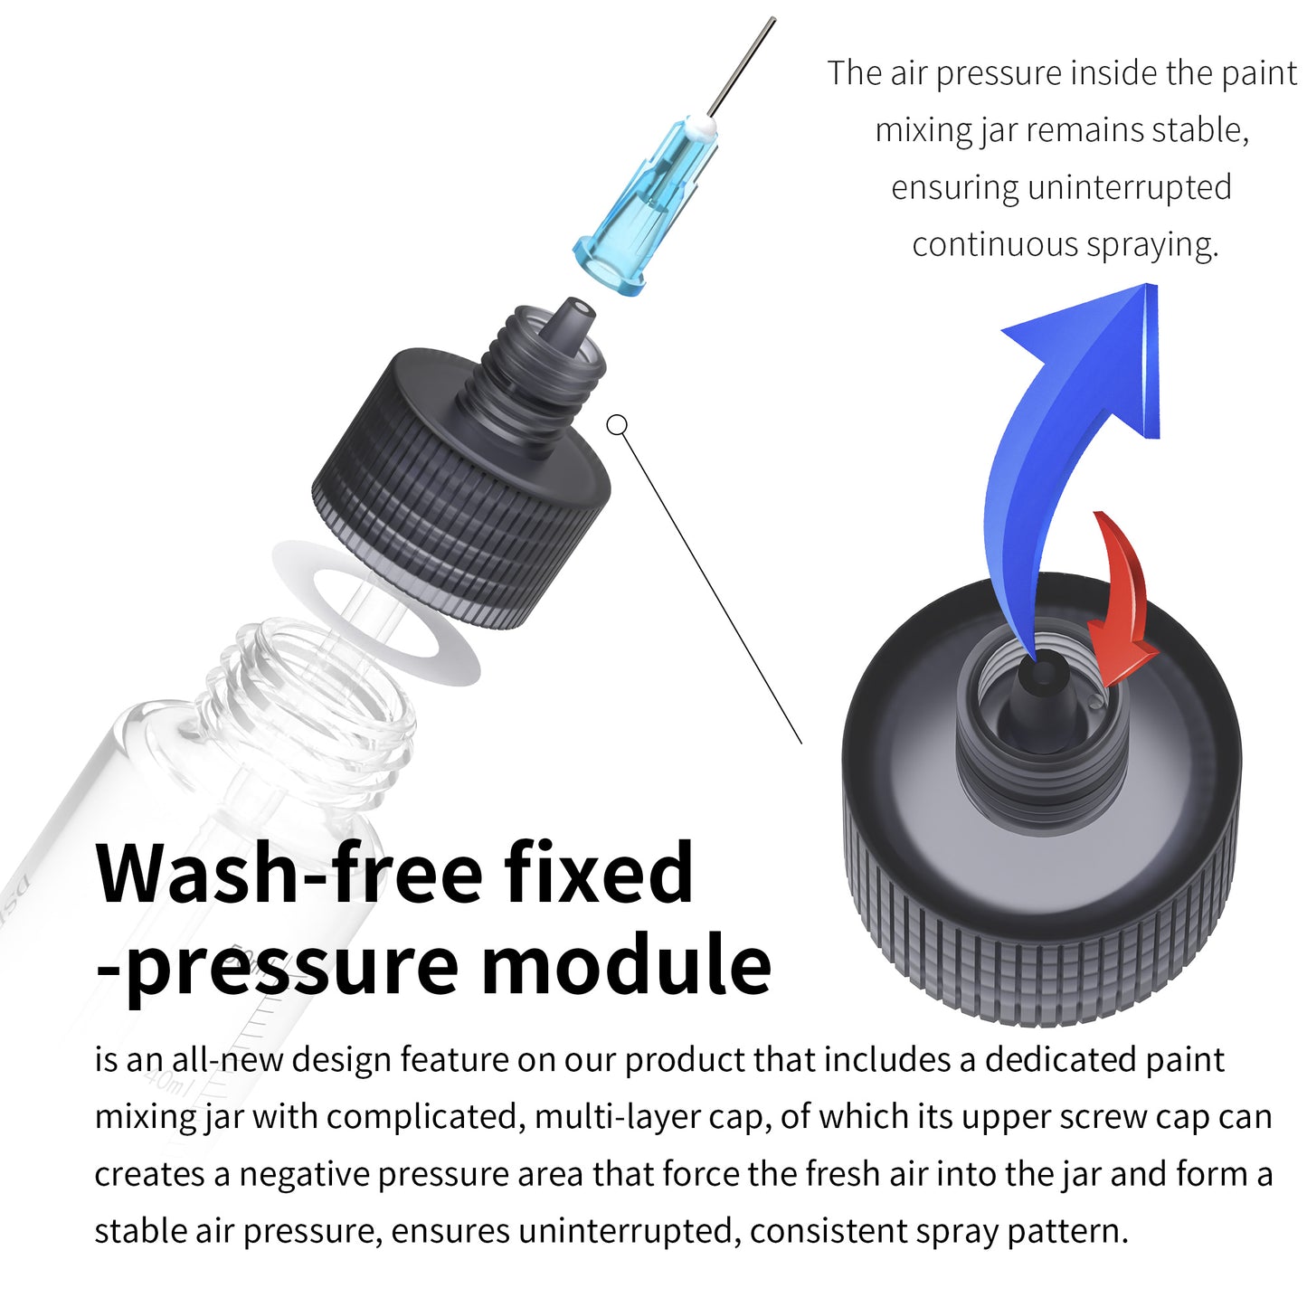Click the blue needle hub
[648, 210]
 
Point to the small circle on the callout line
[617, 424]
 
